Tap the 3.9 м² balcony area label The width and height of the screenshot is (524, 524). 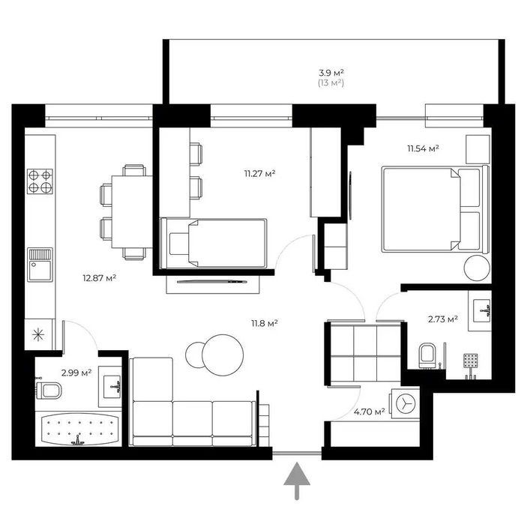(x=331, y=73)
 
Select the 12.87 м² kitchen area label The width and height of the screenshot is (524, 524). (x=99, y=277)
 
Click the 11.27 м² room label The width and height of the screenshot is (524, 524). (x=259, y=173)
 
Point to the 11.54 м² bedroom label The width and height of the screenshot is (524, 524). (x=423, y=148)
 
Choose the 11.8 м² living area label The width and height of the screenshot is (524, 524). (x=265, y=323)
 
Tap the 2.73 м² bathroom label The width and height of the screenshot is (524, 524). (x=442, y=319)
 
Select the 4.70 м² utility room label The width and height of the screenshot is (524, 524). (x=369, y=411)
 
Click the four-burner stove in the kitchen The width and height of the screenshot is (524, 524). (x=40, y=181)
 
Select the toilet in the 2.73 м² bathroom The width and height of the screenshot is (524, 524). (x=428, y=354)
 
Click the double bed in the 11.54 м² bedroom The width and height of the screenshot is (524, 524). (x=430, y=210)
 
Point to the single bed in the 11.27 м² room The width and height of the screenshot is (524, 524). (x=216, y=242)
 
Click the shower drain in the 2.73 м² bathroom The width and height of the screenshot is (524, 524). (x=469, y=361)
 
